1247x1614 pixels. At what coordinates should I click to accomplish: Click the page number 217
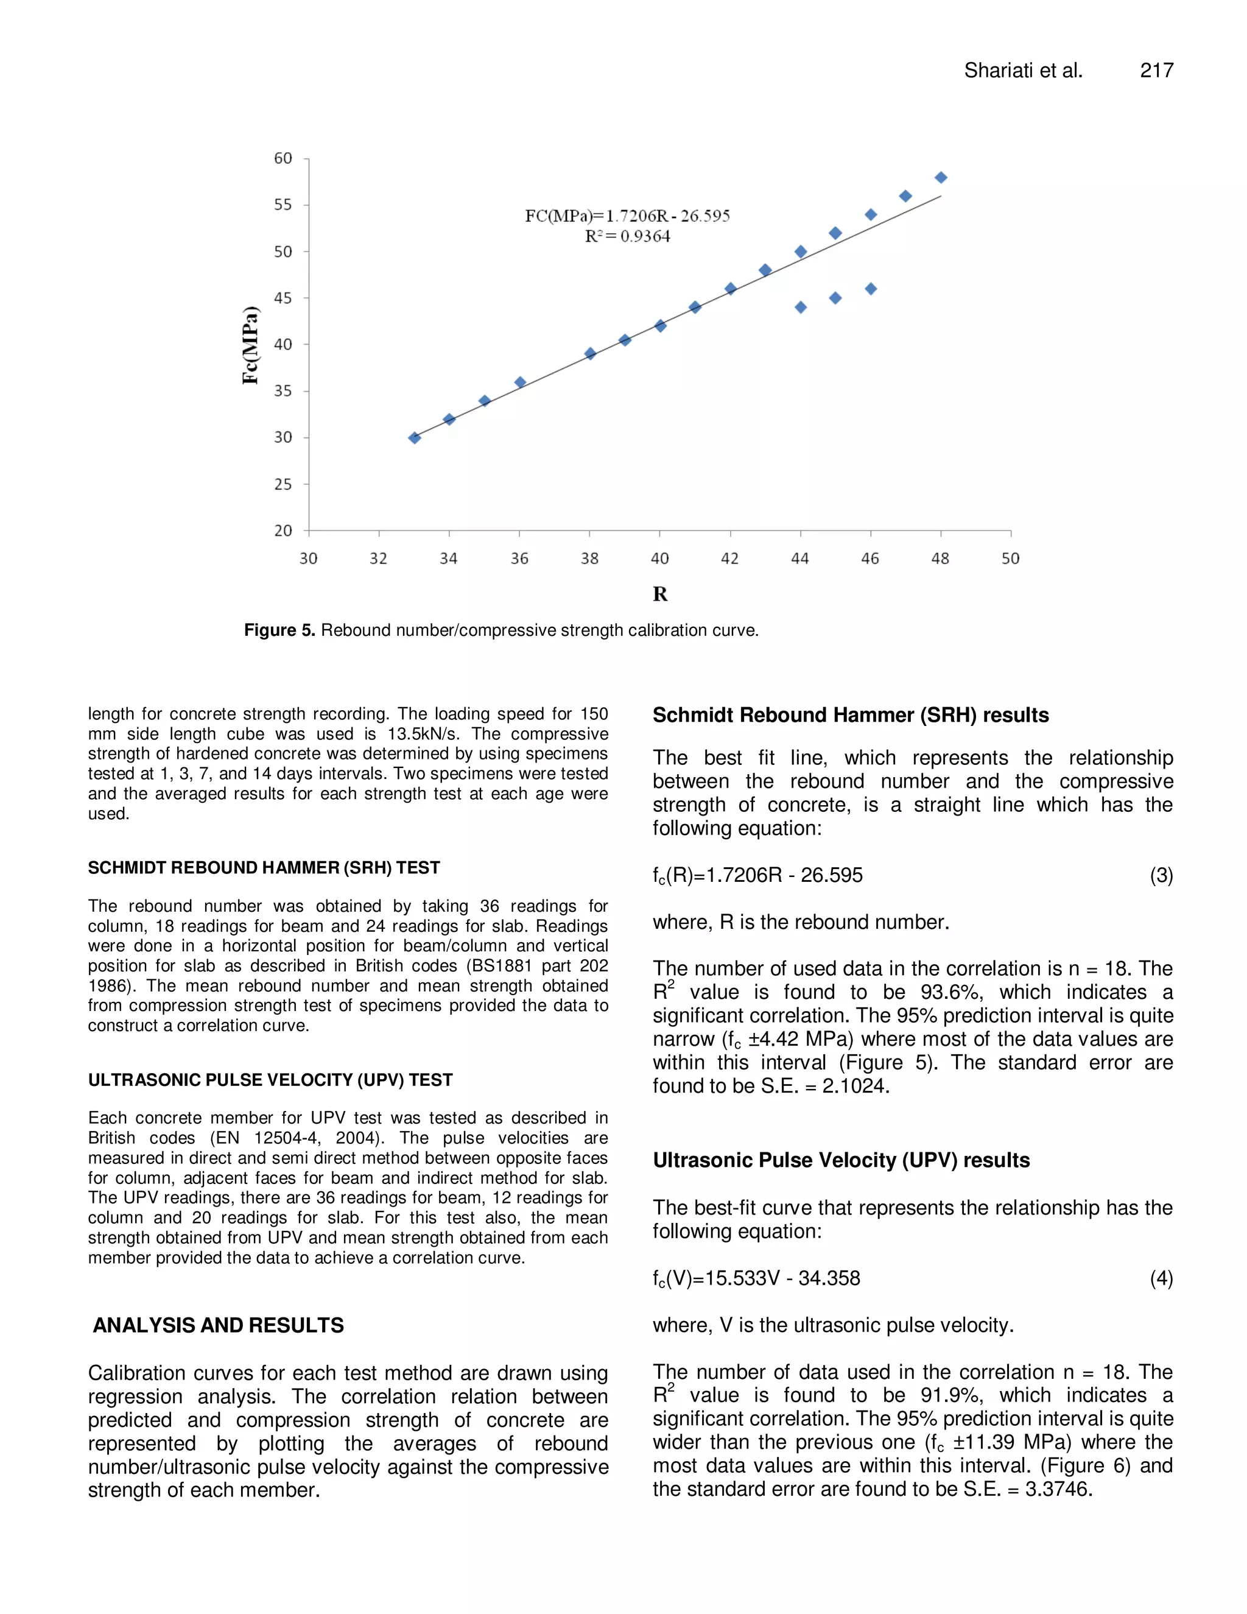point(1156,71)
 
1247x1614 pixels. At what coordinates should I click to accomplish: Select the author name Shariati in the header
point(998,71)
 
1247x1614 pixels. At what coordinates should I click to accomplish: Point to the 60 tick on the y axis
point(283,158)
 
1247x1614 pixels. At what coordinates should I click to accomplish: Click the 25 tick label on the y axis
point(283,484)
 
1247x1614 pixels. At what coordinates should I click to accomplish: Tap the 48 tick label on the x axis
point(940,559)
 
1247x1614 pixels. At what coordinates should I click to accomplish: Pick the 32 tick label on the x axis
point(378,559)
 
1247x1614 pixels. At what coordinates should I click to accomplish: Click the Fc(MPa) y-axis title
point(251,344)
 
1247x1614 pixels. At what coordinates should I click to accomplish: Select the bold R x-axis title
point(659,594)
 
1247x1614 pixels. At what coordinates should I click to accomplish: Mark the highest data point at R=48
point(940,177)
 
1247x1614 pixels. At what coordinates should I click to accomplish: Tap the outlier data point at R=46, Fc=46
point(870,289)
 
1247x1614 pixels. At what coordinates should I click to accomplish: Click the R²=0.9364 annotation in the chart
point(627,236)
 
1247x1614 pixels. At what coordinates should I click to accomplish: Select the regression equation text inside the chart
point(627,216)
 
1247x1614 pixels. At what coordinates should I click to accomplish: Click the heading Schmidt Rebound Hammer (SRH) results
point(850,716)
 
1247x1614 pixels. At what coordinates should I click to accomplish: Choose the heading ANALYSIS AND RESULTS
point(218,1325)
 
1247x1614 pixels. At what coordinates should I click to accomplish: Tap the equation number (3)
point(1161,876)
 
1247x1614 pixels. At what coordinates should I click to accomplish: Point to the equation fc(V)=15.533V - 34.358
point(756,1278)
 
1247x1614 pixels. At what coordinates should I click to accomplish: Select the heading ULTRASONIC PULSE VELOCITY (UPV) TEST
point(270,1080)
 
